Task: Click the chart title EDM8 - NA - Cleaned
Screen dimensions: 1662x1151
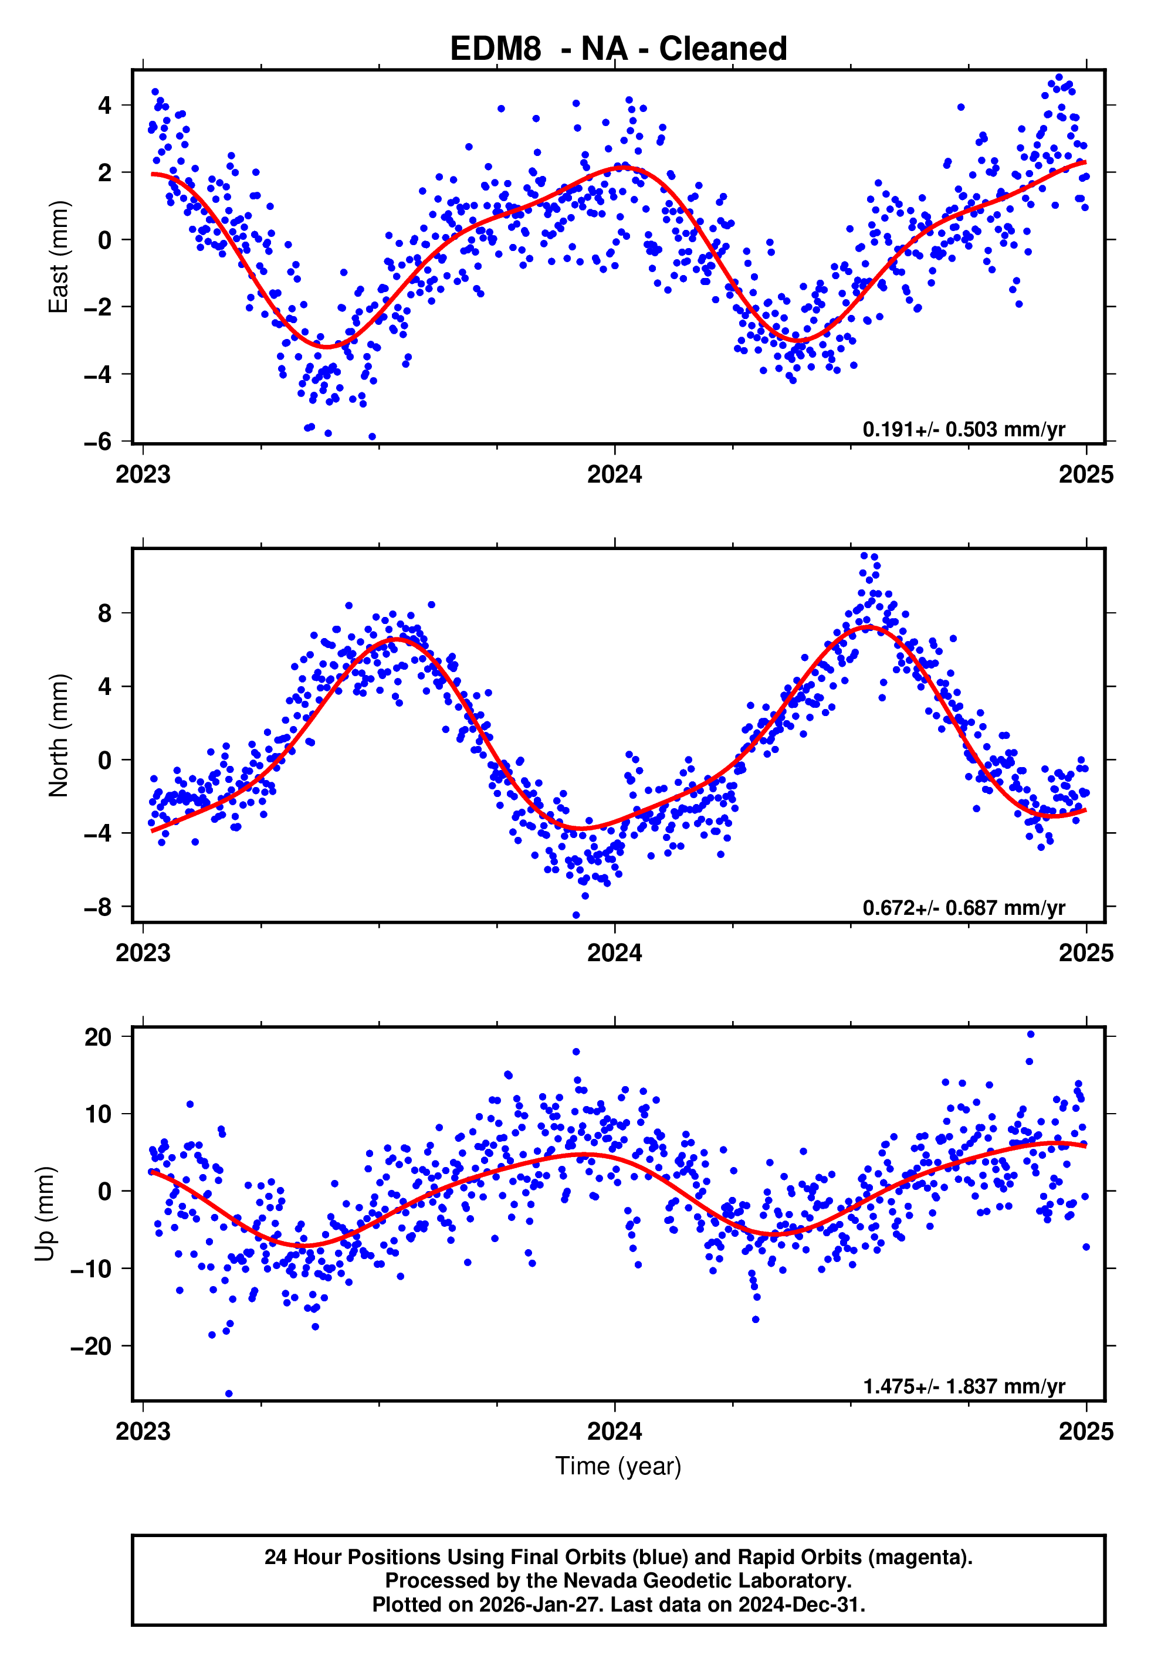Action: click(618, 49)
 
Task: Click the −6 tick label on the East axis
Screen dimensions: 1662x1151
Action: click(98, 441)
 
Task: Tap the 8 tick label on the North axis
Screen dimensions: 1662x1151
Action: click(105, 613)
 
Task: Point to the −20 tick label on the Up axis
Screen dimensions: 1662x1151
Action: click(92, 1345)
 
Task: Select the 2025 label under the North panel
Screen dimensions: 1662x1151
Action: click(1086, 953)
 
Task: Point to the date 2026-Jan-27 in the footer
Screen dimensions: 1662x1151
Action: click(537, 1605)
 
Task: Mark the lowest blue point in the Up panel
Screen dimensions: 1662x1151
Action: click(229, 1394)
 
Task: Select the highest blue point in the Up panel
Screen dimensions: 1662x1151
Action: click(1031, 1034)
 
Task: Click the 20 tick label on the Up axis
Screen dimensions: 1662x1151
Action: click(98, 1037)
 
